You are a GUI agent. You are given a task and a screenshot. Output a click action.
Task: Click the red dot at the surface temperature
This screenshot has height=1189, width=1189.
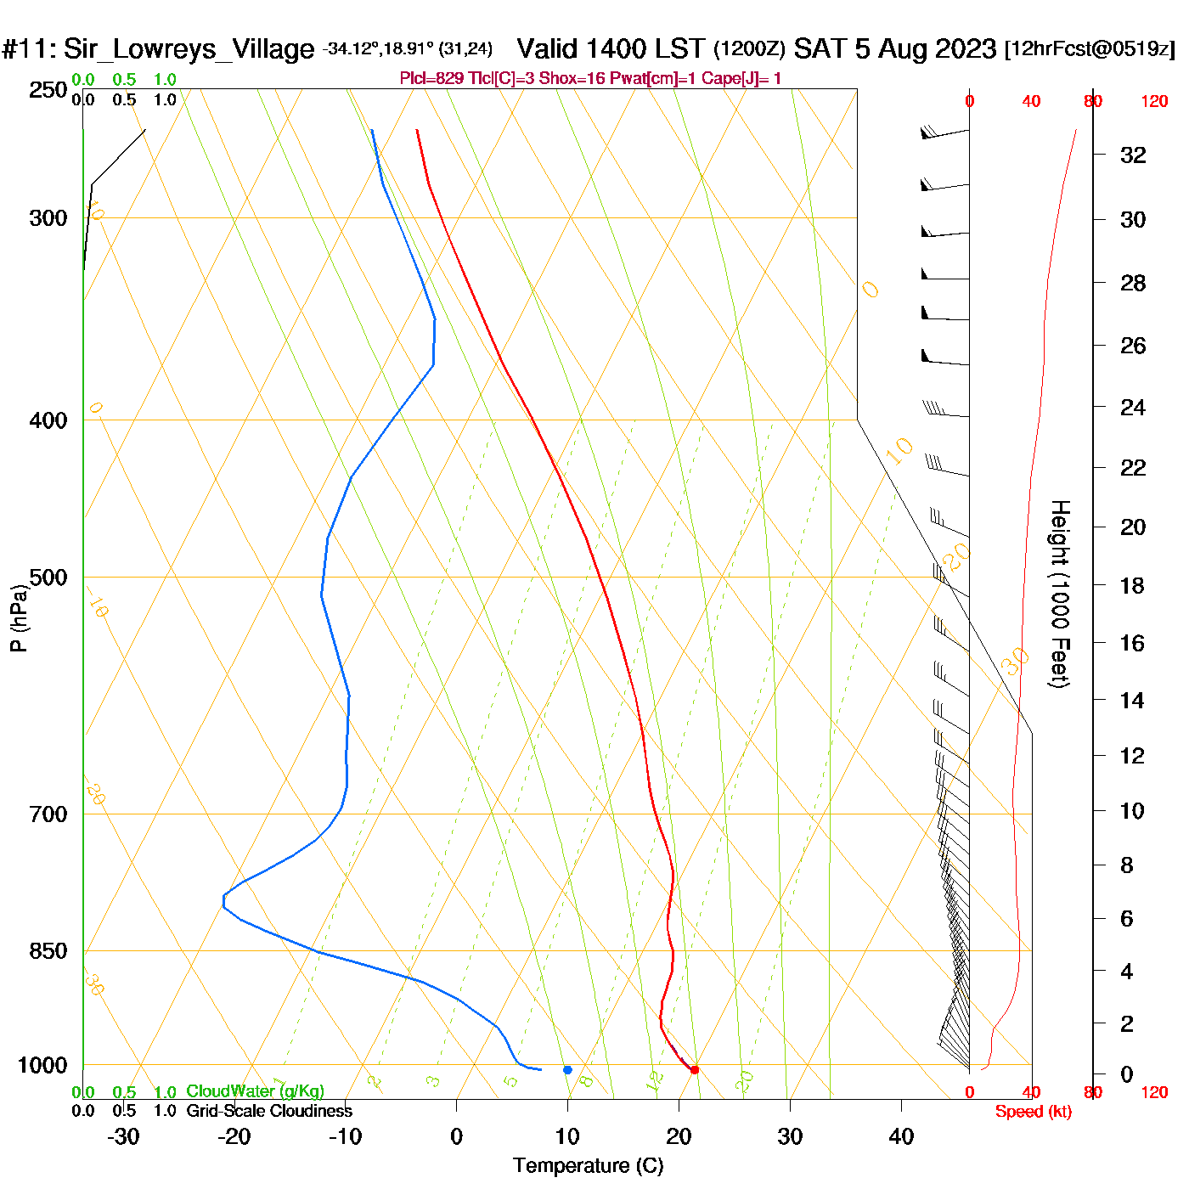695,1070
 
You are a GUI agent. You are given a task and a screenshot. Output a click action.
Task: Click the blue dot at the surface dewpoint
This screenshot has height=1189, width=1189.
567,1070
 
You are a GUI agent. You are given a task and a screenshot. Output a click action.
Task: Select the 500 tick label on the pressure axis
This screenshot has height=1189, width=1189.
48,578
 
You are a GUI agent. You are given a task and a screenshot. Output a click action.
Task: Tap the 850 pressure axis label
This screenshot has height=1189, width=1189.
48,951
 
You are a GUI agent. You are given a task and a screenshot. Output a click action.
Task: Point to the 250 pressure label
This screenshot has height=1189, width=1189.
48,90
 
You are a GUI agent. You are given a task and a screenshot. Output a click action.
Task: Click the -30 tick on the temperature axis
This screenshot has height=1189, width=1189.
123,1136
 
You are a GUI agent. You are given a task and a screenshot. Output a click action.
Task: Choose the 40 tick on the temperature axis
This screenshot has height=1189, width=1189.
901,1136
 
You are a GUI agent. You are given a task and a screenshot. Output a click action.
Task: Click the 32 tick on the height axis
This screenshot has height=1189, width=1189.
1133,155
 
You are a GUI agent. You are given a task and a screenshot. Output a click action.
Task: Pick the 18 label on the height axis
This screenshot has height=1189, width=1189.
1133,586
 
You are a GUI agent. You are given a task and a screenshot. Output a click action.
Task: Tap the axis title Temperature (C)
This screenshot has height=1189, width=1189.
588,1166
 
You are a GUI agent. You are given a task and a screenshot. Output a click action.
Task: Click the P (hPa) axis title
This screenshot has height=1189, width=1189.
18,617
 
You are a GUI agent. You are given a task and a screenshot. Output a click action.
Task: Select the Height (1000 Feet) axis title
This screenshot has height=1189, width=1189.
1059,594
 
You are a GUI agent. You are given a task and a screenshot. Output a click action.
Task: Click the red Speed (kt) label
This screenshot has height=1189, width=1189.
1034,1112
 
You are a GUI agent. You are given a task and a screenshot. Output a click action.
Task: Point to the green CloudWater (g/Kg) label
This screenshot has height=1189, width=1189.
255,1091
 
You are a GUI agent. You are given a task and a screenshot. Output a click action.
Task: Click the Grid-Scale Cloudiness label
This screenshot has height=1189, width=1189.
269,1111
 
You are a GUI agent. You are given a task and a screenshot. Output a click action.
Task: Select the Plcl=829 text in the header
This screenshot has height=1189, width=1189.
431,79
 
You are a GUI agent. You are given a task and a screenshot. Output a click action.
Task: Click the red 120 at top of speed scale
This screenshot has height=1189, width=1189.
1154,102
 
